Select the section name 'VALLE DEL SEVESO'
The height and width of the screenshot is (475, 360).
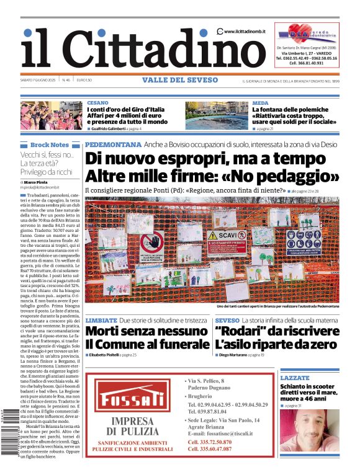pyautogui.click(x=180, y=80)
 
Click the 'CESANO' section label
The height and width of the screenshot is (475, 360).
pyautogui.click(x=97, y=102)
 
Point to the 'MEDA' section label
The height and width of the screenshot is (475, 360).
pyautogui.click(x=260, y=102)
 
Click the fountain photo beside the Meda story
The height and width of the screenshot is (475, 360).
pyautogui.click(x=217, y=115)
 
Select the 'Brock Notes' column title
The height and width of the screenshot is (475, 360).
pyautogui.click(x=50, y=144)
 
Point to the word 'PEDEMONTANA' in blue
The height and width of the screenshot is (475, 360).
pyautogui.click(x=113, y=144)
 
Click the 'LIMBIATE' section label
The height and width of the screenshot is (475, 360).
pyautogui.click(x=101, y=320)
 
